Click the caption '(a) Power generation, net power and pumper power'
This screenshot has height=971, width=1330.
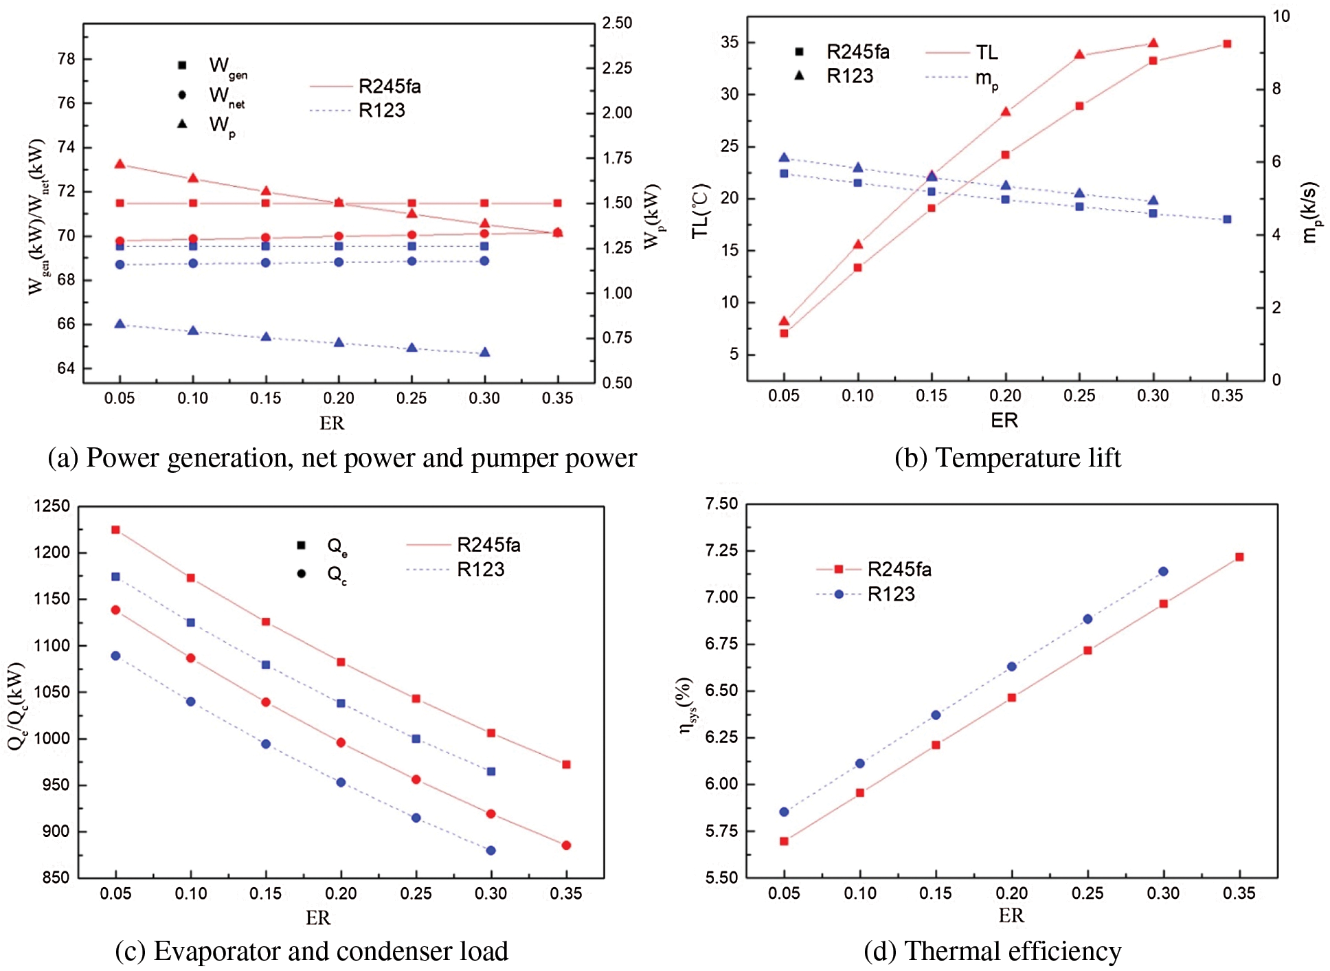pyautogui.click(x=342, y=458)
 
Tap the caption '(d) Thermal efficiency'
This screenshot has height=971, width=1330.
pyautogui.click(x=992, y=952)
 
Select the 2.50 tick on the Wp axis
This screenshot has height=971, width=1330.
pyautogui.click(x=617, y=23)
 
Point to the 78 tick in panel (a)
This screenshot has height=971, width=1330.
pyautogui.click(x=67, y=59)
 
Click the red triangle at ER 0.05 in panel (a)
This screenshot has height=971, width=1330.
pyautogui.click(x=120, y=164)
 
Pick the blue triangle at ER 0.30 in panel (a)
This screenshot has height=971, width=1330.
pyautogui.click(x=484, y=353)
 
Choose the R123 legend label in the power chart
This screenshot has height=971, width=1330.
pyautogui.click(x=381, y=111)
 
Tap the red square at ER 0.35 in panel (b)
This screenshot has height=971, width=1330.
pyautogui.click(x=1227, y=44)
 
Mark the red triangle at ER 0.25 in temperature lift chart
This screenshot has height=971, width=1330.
pyautogui.click(x=1079, y=54)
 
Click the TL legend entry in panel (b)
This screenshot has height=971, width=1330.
pyautogui.click(x=987, y=52)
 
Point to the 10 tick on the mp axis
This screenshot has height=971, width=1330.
pyautogui.click(x=1281, y=16)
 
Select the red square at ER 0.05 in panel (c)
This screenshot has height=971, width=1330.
pyautogui.click(x=115, y=530)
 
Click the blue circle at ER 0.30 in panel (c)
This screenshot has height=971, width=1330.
pyautogui.click(x=491, y=851)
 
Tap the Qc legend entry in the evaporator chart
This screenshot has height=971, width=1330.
pyautogui.click(x=336, y=574)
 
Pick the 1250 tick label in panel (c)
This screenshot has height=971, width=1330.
pyautogui.click(x=52, y=506)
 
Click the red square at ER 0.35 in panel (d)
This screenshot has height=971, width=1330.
pyautogui.click(x=1239, y=557)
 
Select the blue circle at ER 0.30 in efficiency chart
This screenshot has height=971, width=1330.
pyautogui.click(x=1163, y=572)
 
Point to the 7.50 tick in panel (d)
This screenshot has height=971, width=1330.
pyautogui.click(x=721, y=504)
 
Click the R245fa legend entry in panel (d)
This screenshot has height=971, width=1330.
pyautogui.click(x=899, y=569)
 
